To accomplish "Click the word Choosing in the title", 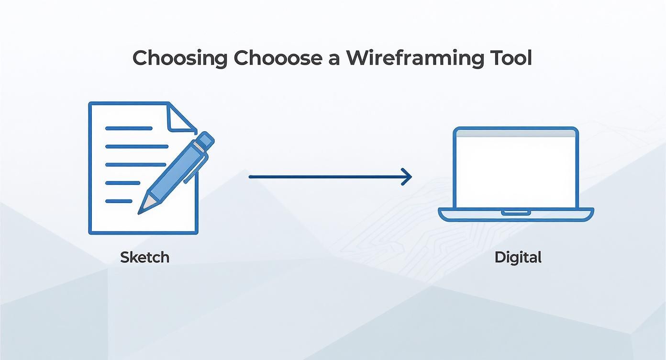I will click(180, 58).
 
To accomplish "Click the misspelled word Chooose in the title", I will click(277, 58).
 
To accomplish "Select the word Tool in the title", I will click(511, 58).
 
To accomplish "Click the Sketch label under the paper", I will click(144, 257).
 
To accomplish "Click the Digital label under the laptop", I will click(518, 257).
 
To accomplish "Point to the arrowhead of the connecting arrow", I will click(408, 177).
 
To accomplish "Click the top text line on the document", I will click(128, 128).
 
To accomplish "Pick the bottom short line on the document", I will click(118, 201).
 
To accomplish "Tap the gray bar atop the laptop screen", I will click(516, 134).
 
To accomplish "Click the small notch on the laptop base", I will click(515, 211).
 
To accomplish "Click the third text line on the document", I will click(135, 165).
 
